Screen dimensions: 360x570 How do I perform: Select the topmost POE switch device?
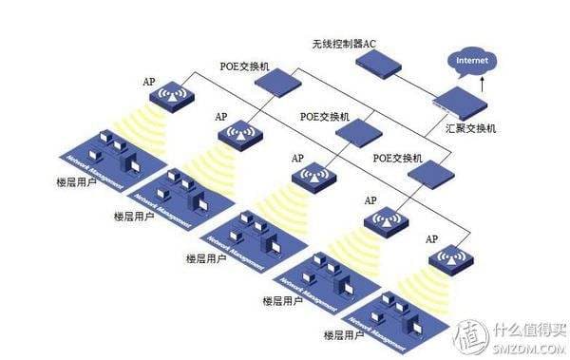pyautogui.click(x=277, y=84)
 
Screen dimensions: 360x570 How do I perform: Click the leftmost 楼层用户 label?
pyautogui.click(x=78, y=179)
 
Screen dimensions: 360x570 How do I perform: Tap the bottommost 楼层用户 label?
pyautogui.click(x=346, y=334)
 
